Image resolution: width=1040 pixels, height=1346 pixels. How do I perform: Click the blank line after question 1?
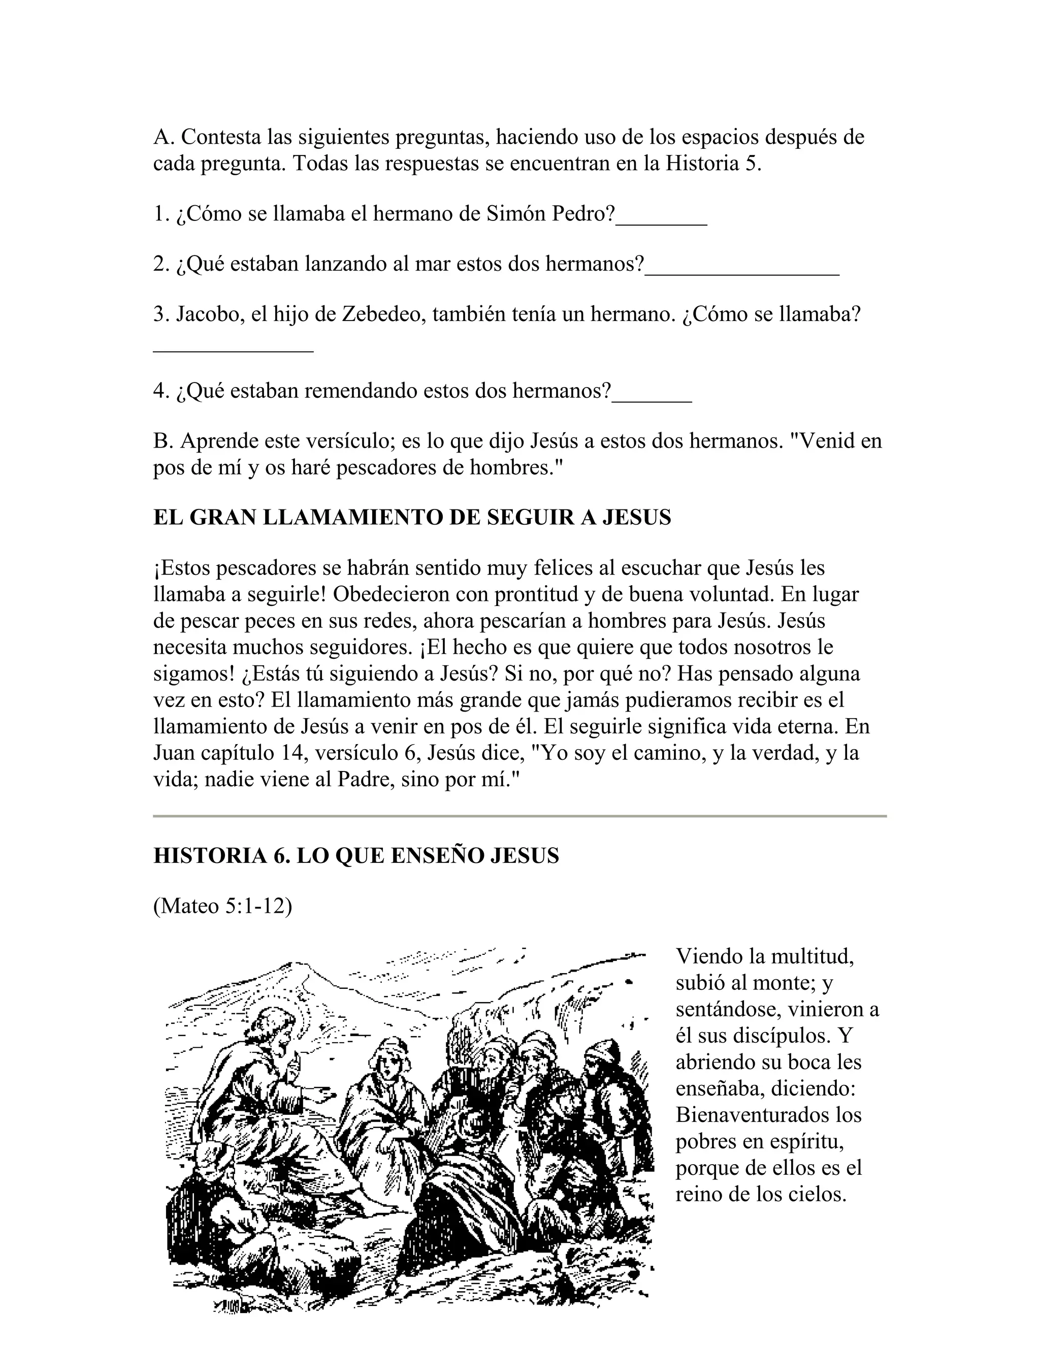661,223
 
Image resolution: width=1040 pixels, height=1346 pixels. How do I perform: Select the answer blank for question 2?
742,274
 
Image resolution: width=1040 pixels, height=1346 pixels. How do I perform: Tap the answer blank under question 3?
234,350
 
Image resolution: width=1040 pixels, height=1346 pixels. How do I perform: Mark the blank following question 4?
652,401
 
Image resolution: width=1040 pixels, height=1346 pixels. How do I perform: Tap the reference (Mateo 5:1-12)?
222,907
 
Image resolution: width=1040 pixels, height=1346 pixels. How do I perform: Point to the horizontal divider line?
519,816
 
